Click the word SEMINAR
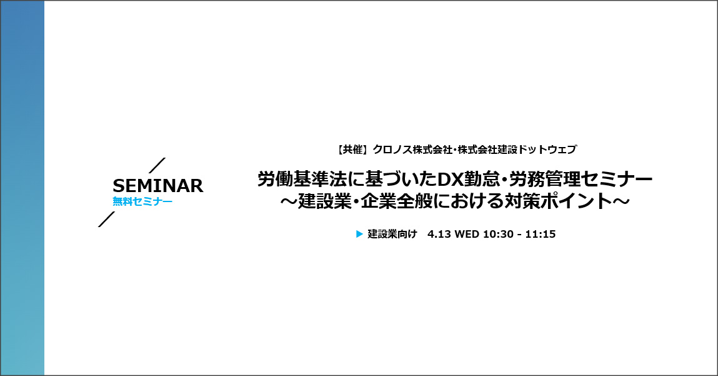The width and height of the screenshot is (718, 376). coord(158,186)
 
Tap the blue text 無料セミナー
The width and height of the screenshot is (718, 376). coord(142,201)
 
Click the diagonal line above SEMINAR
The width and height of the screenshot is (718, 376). coord(157,166)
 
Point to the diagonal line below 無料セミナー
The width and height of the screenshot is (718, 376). coord(106,219)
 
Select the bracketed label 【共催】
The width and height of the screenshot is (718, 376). coord(352,150)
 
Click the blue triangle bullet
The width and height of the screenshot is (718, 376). coord(359,234)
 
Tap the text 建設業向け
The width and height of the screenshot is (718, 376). coord(392,234)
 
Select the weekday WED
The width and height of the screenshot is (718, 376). coord(467,234)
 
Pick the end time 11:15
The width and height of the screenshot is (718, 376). coord(541,234)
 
